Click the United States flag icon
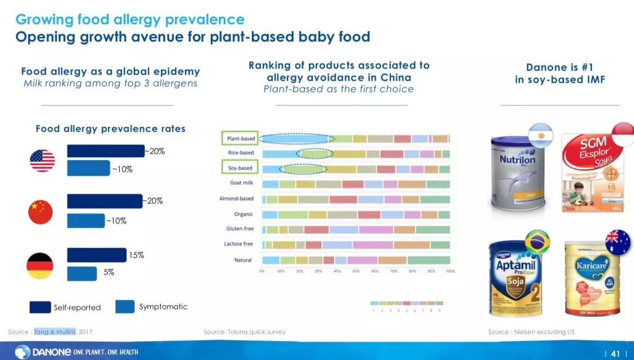42,160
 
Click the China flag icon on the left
41,211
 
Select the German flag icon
40,266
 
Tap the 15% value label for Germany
136,255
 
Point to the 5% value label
109,272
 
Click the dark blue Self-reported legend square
40,307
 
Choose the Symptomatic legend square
125,307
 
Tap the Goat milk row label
241,183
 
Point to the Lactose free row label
238,244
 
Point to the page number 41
615,353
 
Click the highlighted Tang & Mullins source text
55,332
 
